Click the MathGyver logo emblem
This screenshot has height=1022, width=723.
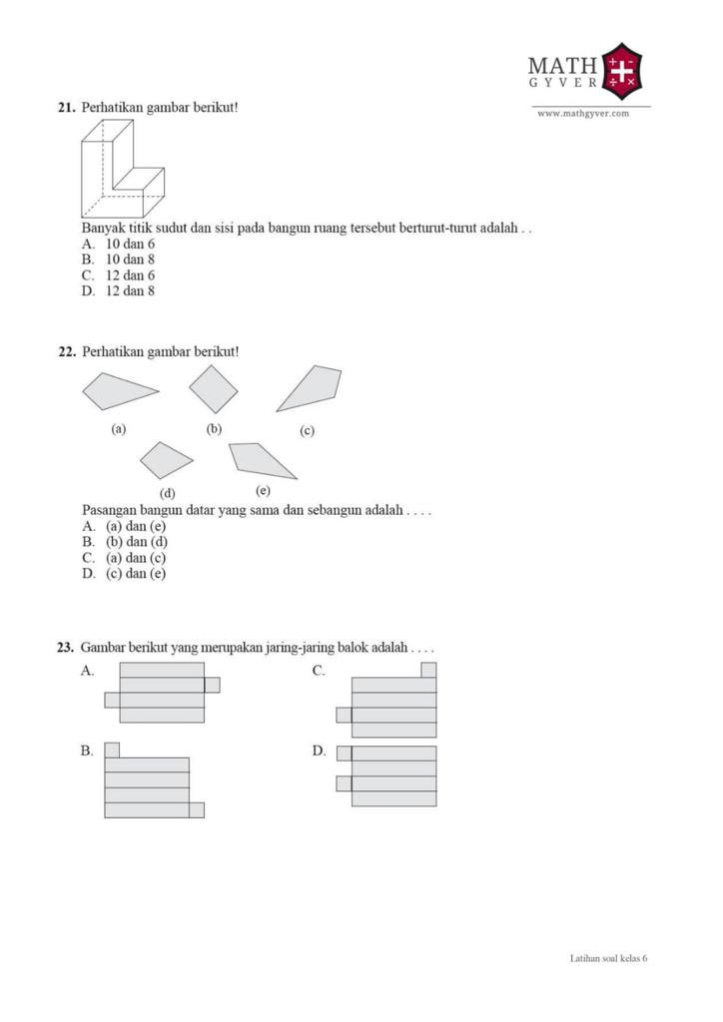623,71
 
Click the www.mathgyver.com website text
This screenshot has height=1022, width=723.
583,114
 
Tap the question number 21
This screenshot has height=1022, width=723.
66,107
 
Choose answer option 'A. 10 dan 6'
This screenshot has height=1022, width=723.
119,244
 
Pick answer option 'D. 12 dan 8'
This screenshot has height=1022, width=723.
119,291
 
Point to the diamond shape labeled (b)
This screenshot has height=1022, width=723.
214,389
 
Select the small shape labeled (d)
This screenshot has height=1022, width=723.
166,460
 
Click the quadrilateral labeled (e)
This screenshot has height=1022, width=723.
260,459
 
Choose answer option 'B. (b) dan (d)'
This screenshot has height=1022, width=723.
124,542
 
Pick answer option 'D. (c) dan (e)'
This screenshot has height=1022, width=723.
124,574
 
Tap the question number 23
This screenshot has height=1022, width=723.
66,648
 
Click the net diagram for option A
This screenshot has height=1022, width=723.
162,693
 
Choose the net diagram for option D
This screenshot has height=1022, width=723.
389,776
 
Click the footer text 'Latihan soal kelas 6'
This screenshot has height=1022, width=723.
608,958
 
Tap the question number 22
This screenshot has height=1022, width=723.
66,351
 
